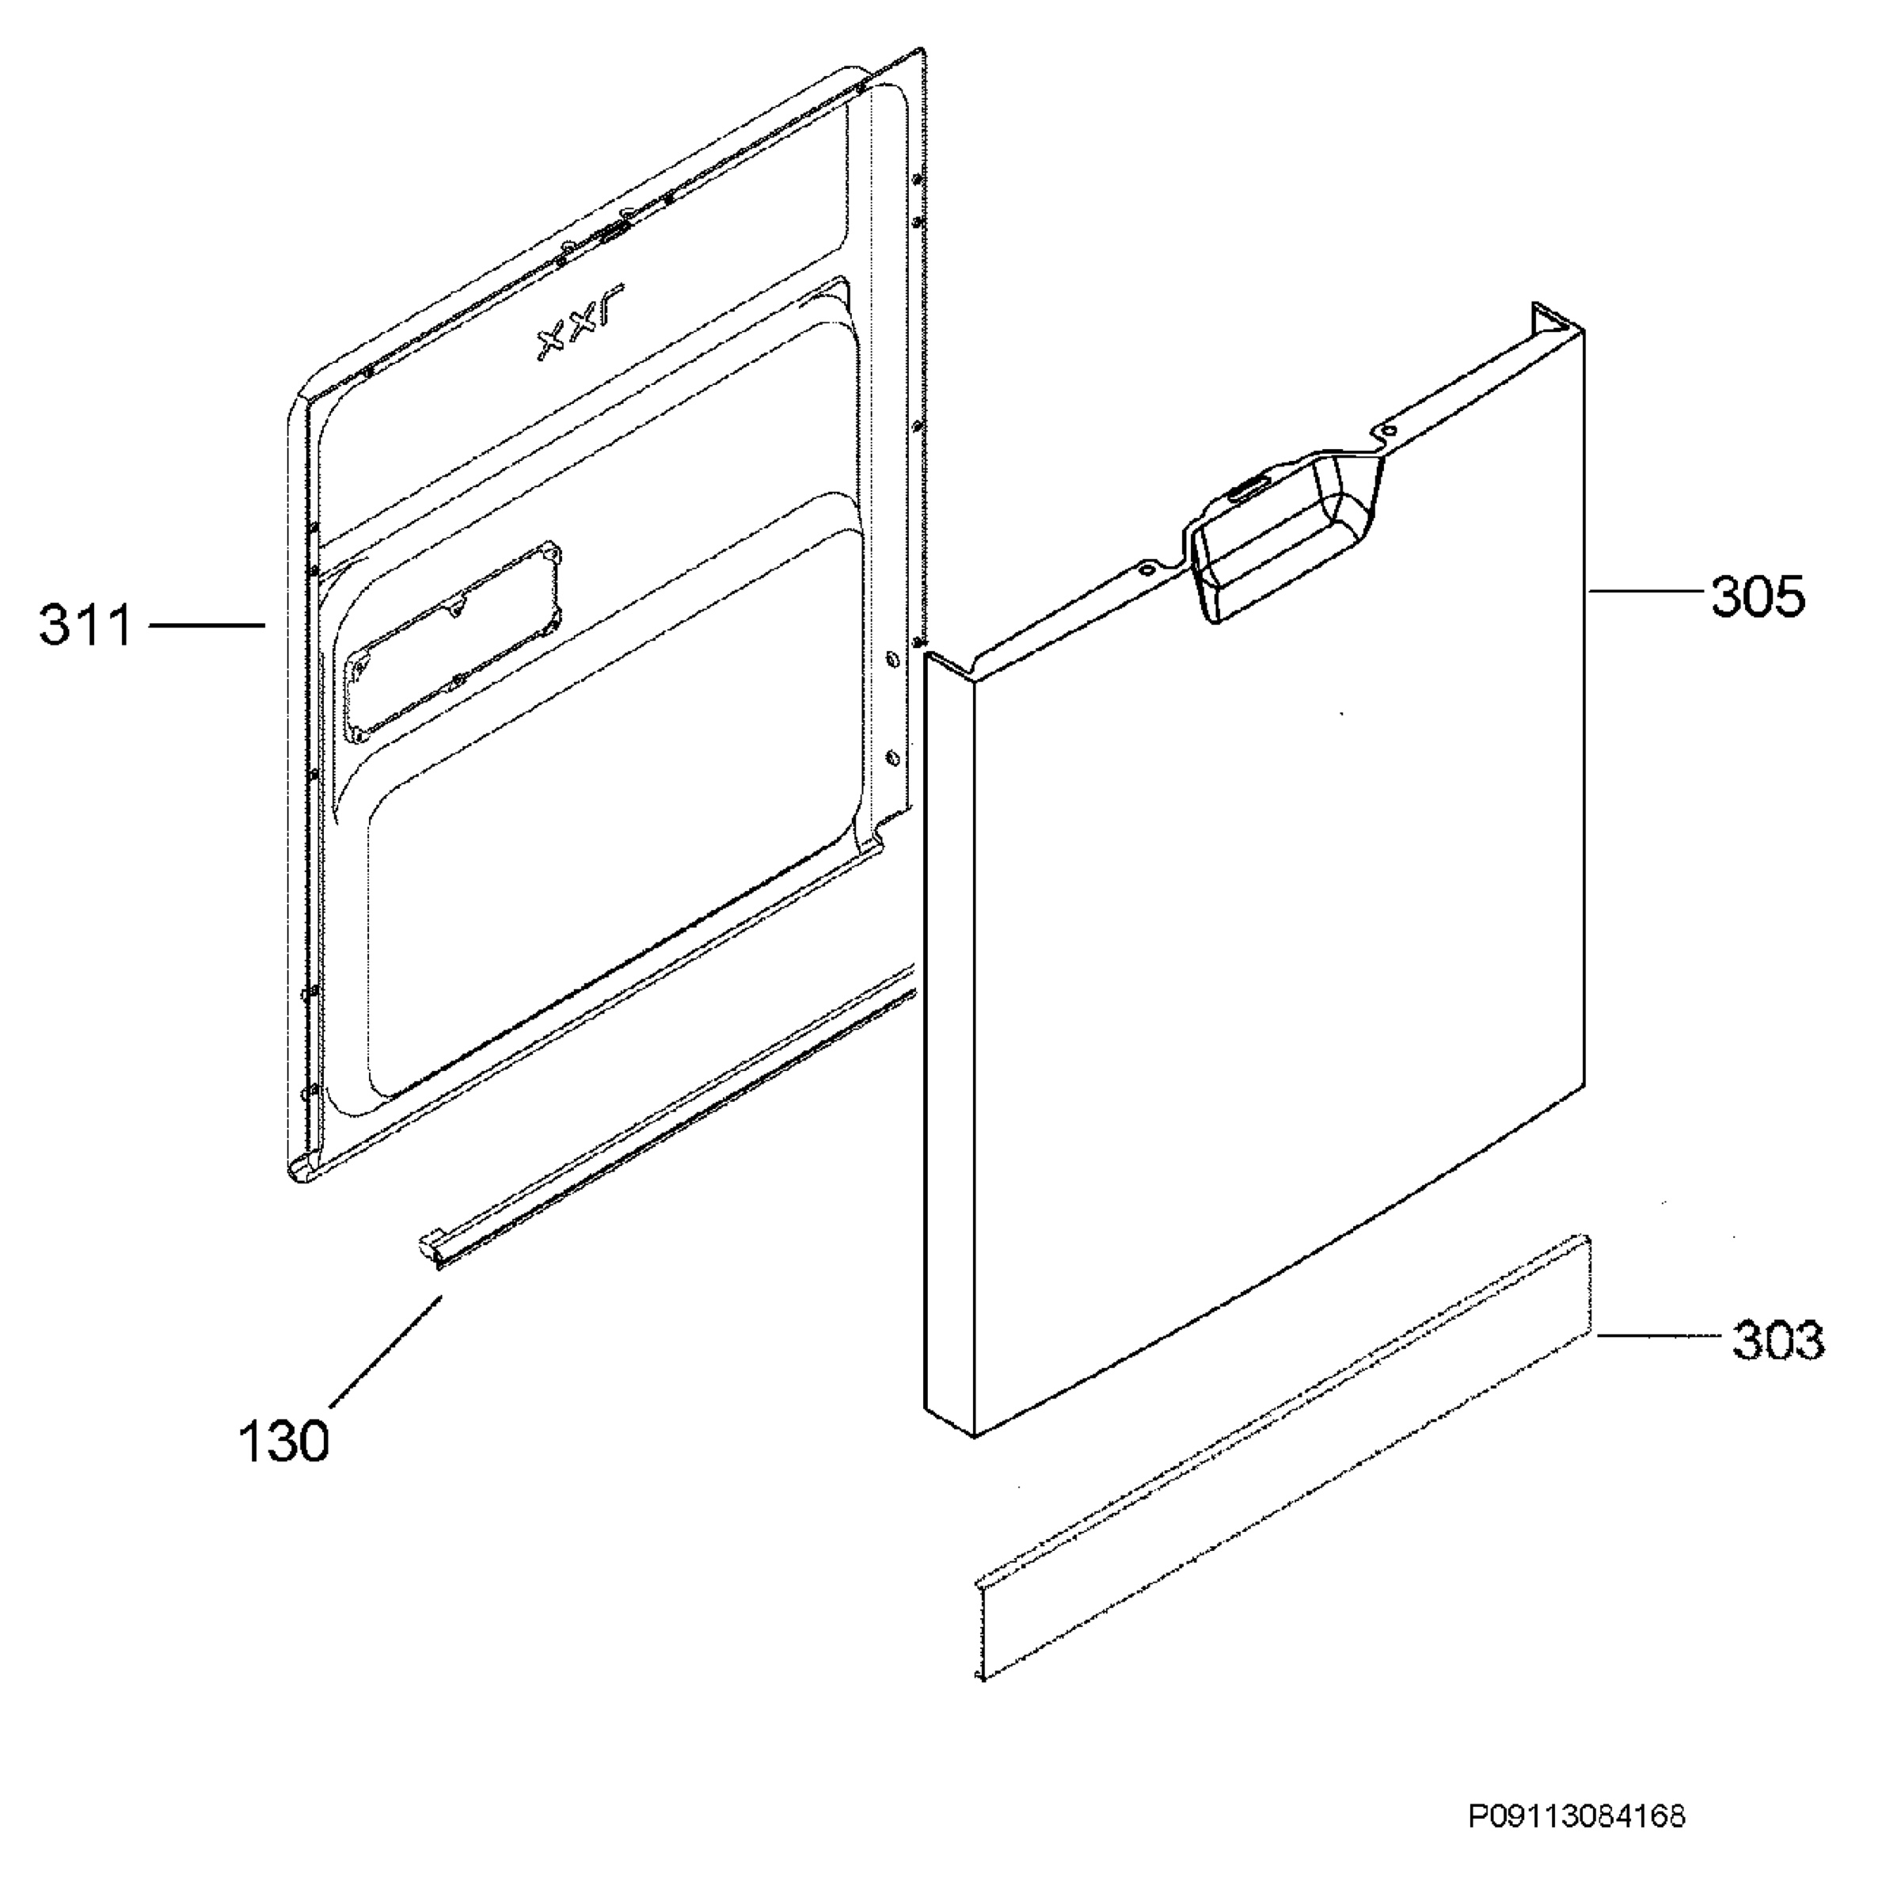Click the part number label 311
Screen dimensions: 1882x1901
86,626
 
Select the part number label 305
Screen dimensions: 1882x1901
1758,596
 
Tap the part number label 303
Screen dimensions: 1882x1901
1777,1340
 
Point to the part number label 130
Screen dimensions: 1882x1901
283,1442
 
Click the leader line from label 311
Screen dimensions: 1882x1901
207,624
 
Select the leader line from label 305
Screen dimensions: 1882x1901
1645,590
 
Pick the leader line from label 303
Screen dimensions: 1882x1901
1659,1335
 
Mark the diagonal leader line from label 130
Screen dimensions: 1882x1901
386,1352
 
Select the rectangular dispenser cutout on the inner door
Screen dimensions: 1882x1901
451,639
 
